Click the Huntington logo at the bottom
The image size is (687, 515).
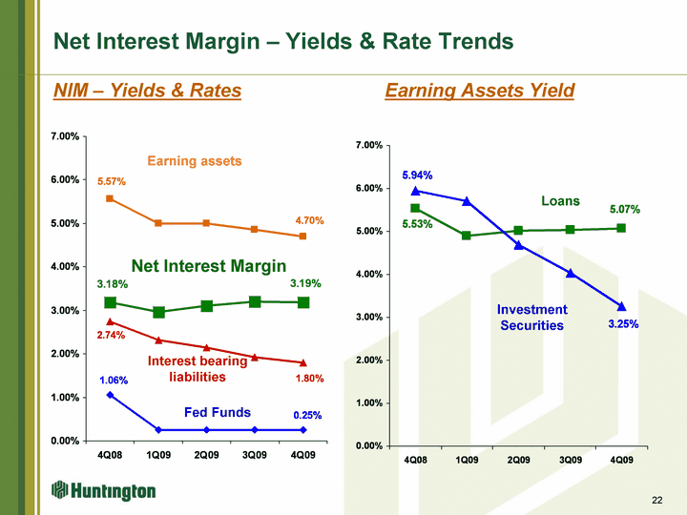(x=104, y=490)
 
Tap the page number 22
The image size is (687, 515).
(x=656, y=500)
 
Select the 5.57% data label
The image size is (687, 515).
(x=112, y=181)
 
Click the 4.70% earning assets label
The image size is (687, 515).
(x=309, y=220)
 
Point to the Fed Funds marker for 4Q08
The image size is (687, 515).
(x=110, y=395)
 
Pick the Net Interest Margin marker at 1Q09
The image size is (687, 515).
(x=158, y=312)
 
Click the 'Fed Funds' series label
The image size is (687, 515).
(x=218, y=412)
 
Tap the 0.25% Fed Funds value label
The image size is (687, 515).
(x=307, y=415)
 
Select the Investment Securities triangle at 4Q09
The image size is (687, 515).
(x=621, y=306)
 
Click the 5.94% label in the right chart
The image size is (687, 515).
(x=417, y=175)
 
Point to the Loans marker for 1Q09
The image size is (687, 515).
(x=467, y=236)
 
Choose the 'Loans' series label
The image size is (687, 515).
(x=560, y=200)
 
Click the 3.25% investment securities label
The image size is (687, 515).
(x=623, y=324)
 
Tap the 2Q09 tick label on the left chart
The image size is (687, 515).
(x=206, y=455)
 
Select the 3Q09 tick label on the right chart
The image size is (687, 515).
(x=570, y=460)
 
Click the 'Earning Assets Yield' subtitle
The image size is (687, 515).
(x=479, y=91)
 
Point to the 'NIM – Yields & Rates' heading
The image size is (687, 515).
(x=147, y=91)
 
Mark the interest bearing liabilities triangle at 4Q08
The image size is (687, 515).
(x=110, y=322)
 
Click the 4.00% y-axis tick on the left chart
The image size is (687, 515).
(x=65, y=266)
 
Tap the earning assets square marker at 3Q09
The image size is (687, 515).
(x=254, y=230)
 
